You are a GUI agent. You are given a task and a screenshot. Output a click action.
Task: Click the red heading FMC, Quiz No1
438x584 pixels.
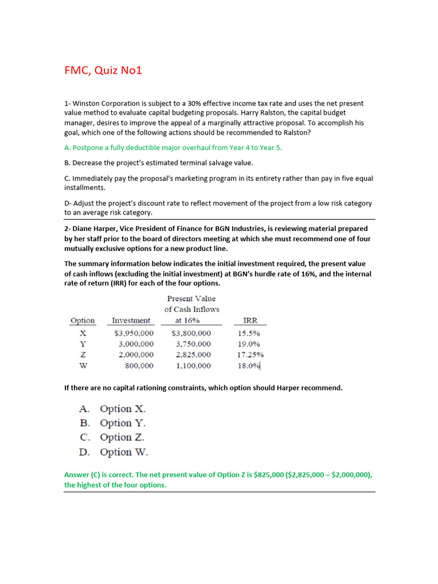tap(103, 71)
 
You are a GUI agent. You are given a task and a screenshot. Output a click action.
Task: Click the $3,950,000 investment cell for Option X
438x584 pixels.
tap(132, 333)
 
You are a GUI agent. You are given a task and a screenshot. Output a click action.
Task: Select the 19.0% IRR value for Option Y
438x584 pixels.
tap(249, 344)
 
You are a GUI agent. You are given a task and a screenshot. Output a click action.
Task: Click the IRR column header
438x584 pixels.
tap(251, 321)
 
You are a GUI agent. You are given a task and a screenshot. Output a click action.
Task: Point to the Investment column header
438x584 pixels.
tap(131, 321)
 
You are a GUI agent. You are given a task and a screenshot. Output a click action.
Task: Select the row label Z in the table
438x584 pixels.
tap(83, 355)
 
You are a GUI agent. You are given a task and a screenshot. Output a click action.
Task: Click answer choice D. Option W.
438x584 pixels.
tap(113, 452)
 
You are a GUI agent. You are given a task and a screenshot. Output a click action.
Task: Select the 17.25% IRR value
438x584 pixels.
tap(250, 355)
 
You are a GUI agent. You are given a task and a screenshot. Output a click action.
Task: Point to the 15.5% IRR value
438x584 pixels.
tap(249, 333)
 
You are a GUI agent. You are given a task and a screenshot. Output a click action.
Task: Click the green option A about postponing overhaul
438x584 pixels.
tap(173, 147)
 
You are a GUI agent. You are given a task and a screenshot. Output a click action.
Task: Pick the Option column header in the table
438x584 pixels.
tap(83, 321)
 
